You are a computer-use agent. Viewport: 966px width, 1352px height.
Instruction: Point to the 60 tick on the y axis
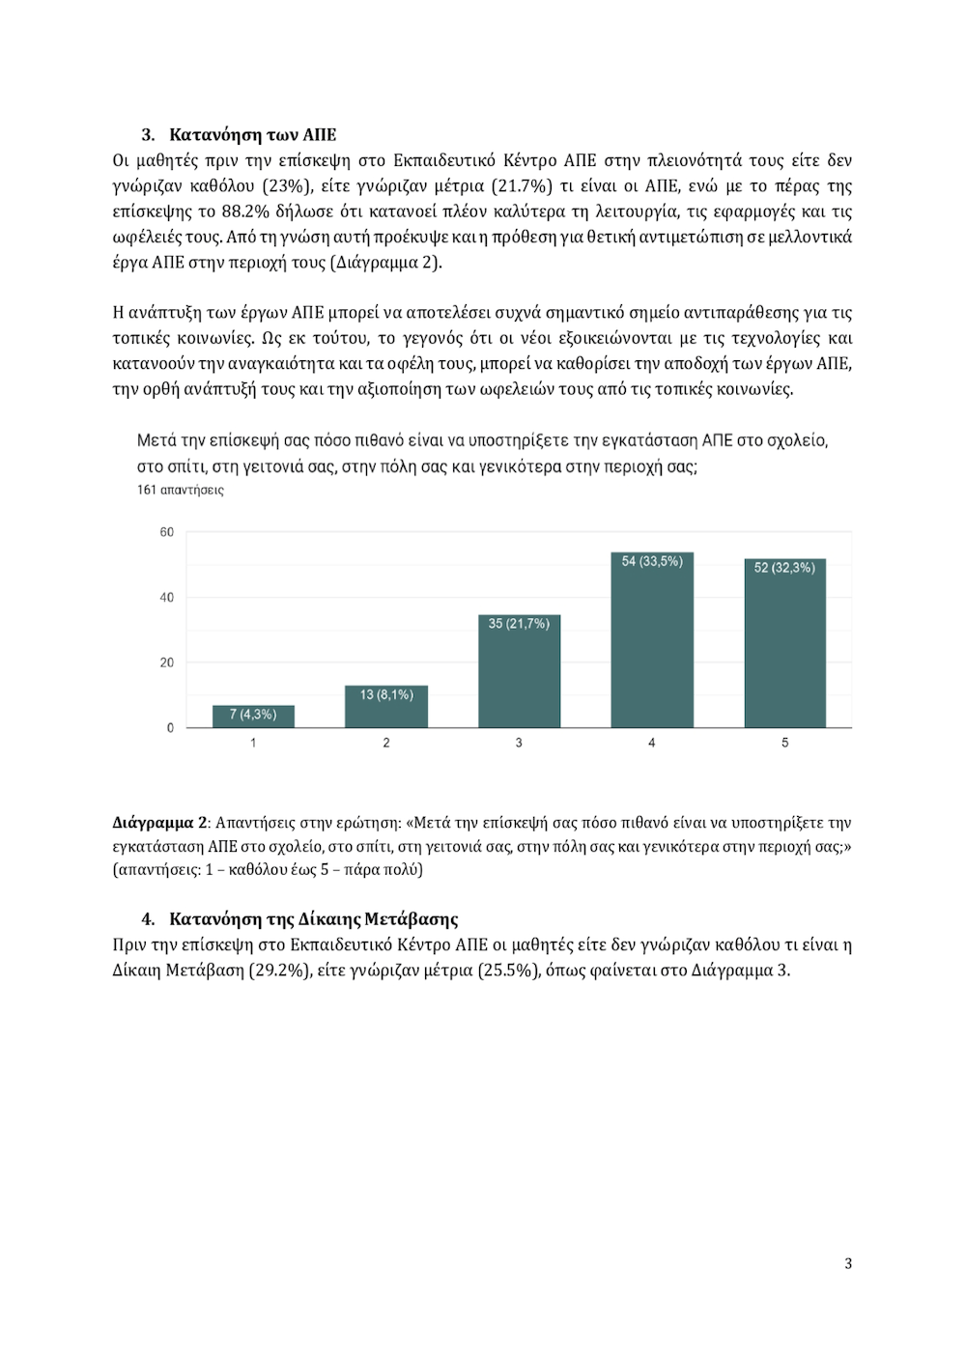pyautogui.click(x=167, y=532)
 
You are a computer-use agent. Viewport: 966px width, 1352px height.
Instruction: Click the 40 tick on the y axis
pyautogui.click(x=167, y=598)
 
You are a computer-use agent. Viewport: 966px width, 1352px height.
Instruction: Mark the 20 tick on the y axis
pyautogui.click(x=167, y=662)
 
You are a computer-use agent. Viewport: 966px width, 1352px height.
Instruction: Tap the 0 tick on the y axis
pyautogui.click(x=170, y=728)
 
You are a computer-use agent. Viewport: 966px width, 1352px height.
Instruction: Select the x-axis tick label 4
pyautogui.click(x=652, y=743)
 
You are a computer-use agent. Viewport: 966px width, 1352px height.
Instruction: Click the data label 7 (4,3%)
pyautogui.click(x=253, y=715)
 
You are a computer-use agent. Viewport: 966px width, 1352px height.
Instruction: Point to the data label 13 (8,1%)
pyautogui.click(x=386, y=694)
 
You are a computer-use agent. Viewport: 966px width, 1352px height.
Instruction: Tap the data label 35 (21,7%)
pyautogui.click(x=519, y=624)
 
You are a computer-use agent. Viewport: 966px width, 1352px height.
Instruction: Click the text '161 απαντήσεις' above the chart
pyautogui.click(x=181, y=490)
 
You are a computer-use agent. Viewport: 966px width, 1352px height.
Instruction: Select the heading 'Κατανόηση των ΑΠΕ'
pyautogui.click(x=253, y=134)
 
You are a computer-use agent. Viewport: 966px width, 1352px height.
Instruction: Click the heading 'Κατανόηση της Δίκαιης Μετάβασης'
pyautogui.click(x=313, y=919)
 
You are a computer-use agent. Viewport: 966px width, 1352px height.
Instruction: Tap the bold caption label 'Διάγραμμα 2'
pyautogui.click(x=159, y=823)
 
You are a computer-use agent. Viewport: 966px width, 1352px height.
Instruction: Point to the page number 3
pyautogui.click(x=848, y=1263)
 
